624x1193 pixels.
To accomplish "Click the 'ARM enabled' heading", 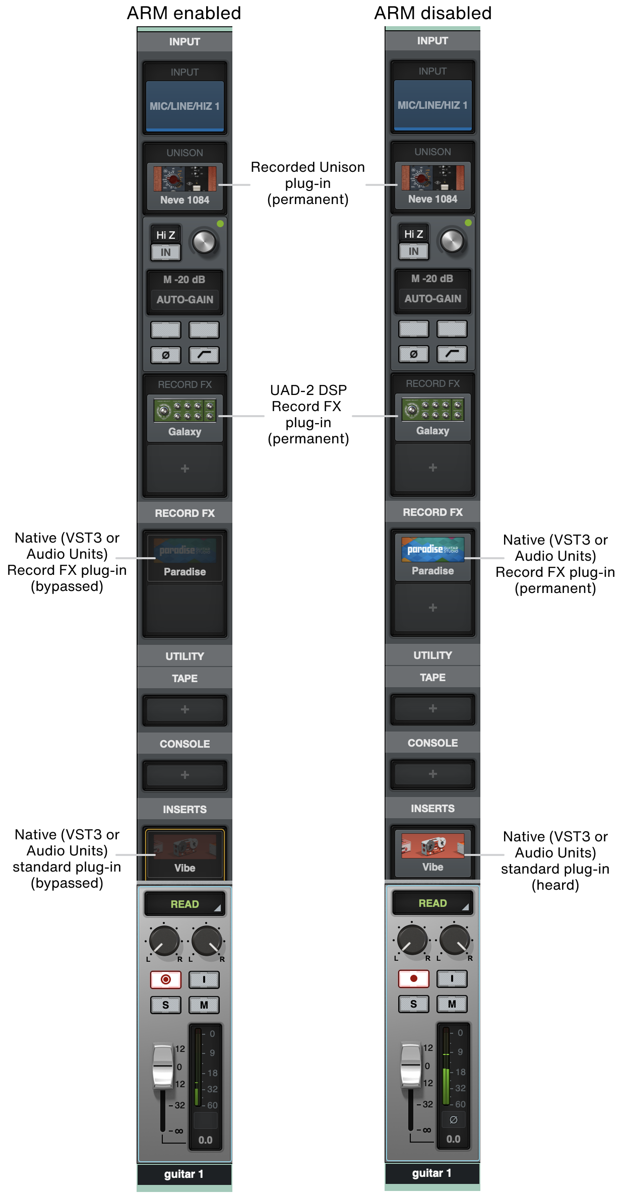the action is pyautogui.click(x=184, y=13).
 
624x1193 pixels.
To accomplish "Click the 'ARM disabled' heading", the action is pyautogui.click(x=433, y=13).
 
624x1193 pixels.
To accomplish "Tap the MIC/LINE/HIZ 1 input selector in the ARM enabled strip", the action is pyautogui.click(x=184, y=106).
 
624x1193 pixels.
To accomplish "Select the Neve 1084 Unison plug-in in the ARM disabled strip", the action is pyautogui.click(x=432, y=185).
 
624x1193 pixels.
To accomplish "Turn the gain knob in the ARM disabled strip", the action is pyautogui.click(x=452, y=241).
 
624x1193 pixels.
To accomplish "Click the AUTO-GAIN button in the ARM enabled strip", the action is pyautogui.click(x=184, y=300).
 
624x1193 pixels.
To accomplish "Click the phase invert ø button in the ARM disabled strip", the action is pyautogui.click(x=413, y=354).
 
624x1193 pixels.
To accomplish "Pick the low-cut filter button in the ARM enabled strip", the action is pyautogui.click(x=204, y=355).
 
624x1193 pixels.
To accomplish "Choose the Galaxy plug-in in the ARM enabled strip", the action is pyautogui.click(x=184, y=418).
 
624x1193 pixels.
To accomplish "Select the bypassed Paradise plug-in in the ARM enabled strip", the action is pyautogui.click(x=184, y=558).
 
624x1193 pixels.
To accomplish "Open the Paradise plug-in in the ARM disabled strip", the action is pyautogui.click(x=432, y=557).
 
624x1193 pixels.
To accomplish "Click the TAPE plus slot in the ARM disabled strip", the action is pyautogui.click(x=432, y=708).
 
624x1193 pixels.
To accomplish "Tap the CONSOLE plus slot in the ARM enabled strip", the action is pyautogui.click(x=184, y=775).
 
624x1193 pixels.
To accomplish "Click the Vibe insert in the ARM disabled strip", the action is pyautogui.click(x=432, y=853).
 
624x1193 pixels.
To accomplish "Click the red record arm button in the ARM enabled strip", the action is pyautogui.click(x=165, y=979).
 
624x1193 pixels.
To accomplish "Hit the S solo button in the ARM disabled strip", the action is pyautogui.click(x=413, y=1004).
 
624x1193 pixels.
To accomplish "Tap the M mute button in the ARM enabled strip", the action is pyautogui.click(x=204, y=1005).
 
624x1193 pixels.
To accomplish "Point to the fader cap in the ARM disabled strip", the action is pyautogui.click(x=410, y=1065).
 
